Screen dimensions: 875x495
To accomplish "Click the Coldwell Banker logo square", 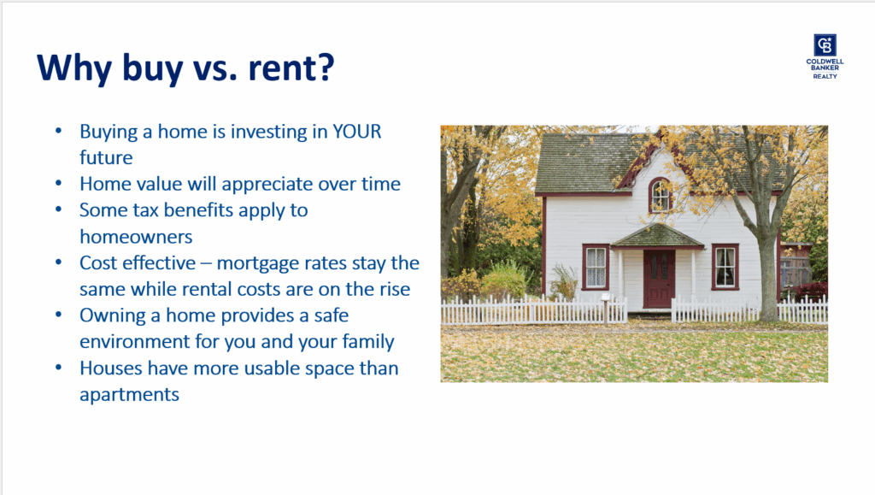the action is [x=825, y=44].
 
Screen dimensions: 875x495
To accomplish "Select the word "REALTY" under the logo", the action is [x=825, y=76].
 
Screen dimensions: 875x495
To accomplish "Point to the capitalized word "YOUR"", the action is [x=356, y=132].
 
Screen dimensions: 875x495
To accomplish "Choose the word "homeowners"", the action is [x=136, y=237].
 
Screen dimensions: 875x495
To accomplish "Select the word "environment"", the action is [x=134, y=341].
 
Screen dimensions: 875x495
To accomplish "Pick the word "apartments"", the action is [x=130, y=395].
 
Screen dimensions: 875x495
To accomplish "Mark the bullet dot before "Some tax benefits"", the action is [x=59, y=209].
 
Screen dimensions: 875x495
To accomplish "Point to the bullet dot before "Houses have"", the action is [x=59, y=368].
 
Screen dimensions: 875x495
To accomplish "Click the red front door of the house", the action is [x=659, y=278].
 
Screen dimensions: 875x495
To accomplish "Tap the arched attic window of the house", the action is [x=661, y=195].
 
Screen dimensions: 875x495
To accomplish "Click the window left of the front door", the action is [x=596, y=267].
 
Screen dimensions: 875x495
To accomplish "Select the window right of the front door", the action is [x=725, y=267].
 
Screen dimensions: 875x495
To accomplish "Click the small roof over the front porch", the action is [x=657, y=235].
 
